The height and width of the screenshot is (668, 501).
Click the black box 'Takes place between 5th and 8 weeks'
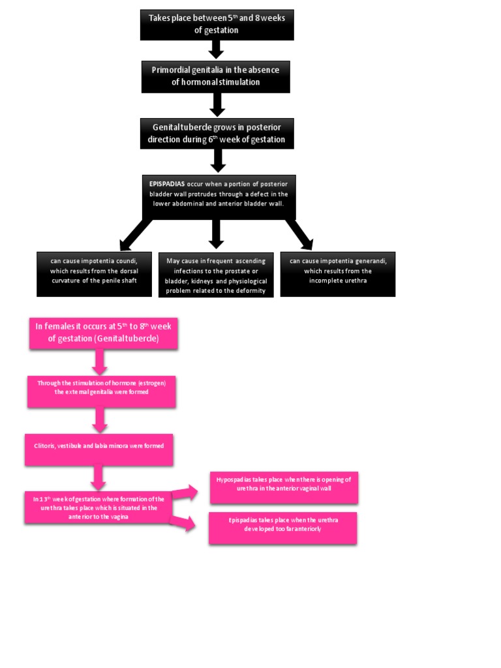(217, 25)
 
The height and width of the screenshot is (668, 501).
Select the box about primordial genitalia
(215, 76)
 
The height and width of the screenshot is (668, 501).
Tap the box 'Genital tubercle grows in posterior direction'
(217, 133)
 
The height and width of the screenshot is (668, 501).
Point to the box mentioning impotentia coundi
(94, 274)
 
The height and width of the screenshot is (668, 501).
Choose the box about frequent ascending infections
(217, 275)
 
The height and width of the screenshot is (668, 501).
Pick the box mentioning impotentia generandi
(337, 274)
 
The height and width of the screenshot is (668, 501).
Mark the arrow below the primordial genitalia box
(218, 104)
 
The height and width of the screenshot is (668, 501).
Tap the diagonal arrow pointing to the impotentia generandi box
(299, 234)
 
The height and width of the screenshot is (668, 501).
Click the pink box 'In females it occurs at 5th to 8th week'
(103, 333)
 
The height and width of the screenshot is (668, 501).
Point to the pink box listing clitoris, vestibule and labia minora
(99, 449)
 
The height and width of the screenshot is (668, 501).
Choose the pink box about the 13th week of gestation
(98, 507)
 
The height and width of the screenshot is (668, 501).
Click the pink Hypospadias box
(284, 488)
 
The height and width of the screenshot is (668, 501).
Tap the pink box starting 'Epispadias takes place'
(282, 528)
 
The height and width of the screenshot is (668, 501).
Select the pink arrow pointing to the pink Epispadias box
(184, 522)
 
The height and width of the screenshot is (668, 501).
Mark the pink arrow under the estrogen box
(100, 420)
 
